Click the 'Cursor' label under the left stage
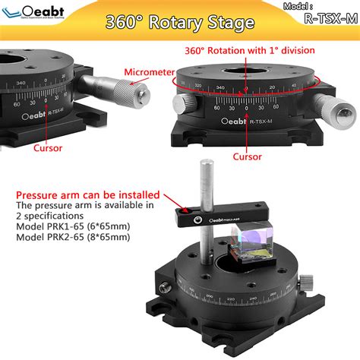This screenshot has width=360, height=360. pos(49,149)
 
